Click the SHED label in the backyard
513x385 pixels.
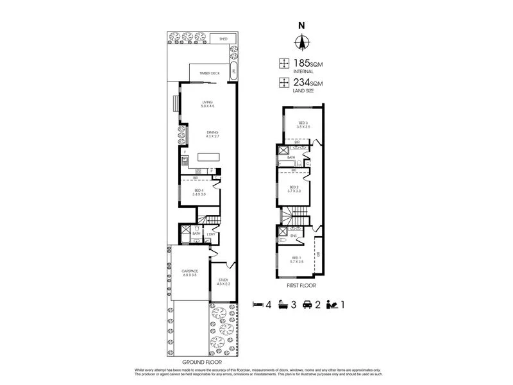(223, 39)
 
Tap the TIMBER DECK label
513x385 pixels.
(209, 74)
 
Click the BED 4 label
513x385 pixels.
(199, 192)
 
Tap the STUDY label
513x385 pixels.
(223, 281)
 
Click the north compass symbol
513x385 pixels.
(301, 44)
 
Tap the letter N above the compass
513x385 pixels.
(301, 26)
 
